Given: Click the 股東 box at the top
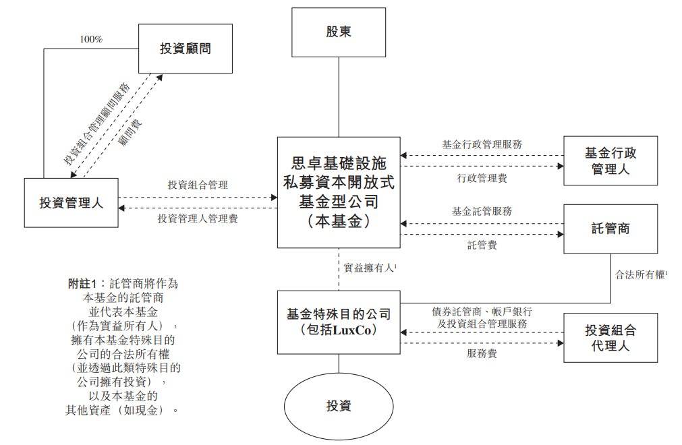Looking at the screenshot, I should (x=338, y=32).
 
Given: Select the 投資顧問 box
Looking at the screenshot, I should (x=184, y=49).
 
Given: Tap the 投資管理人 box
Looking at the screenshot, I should (x=71, y=202).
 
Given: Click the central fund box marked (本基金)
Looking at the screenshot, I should (x=338, y=192).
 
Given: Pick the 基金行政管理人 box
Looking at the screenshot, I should (x=610, y=160).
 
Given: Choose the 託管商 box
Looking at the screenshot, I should (x=610, y=229).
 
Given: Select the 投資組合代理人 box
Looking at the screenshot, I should (x=610, y=338).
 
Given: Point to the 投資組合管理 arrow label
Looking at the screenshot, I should (x=198, y=184).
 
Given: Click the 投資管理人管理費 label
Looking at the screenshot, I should (x=198, y=218).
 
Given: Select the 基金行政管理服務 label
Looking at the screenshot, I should (x=482, y=144).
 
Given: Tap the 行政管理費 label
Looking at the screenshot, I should (x=482, y=178).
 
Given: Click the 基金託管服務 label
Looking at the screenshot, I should (x=482, y=211).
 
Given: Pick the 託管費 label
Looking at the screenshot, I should (x=482, y=245).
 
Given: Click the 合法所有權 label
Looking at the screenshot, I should (x=640, y=275).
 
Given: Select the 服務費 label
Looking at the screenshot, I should (x=482, y=353).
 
